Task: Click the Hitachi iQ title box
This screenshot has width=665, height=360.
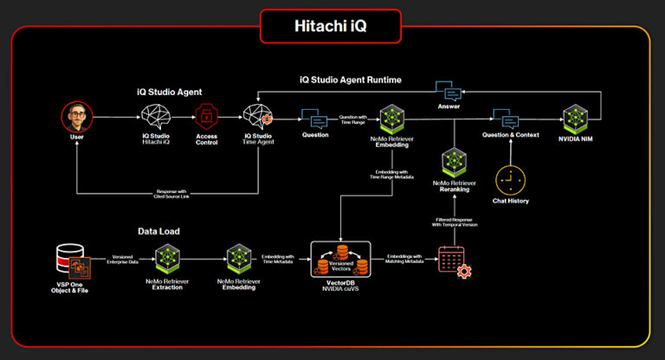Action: pos(331,25)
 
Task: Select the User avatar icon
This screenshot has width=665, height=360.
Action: pos(76,117)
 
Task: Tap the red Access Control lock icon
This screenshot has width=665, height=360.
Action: pos(206,117)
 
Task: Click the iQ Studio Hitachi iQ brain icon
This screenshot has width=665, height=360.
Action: pos(156,117)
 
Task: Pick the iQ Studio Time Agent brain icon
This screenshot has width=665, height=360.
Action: pos(257,117)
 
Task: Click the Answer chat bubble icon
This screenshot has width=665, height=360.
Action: pos(449,93)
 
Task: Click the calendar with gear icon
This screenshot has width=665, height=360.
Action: pos(453,260)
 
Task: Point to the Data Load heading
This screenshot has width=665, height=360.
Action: pos(160,232)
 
